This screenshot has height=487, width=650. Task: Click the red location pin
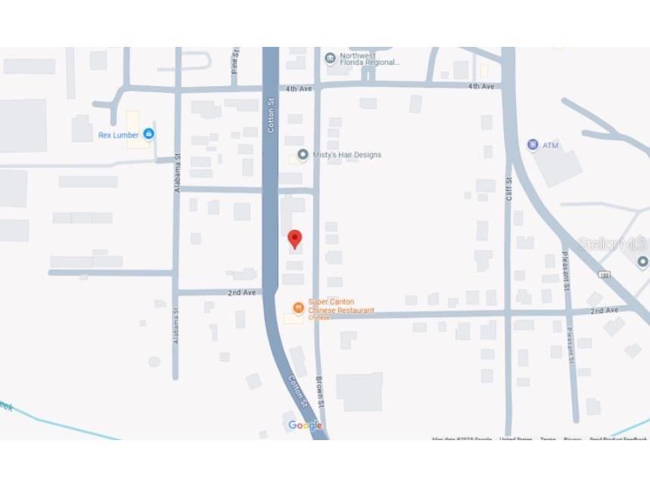coord(295,239)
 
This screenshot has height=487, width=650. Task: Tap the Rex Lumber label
coord(119,135)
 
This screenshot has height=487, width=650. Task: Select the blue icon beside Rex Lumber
coord(149,135)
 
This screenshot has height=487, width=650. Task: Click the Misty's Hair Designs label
coord(347,155)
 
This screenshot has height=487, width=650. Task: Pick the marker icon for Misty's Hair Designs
coord(303,155)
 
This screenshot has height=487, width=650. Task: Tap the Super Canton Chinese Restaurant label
coord(341,306)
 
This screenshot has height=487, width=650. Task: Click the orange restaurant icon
coord(298,307)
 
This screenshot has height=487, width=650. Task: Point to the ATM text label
coord(551,145)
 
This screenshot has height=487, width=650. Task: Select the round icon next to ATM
coord(533,144)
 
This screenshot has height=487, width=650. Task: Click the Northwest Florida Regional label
coord(369,59)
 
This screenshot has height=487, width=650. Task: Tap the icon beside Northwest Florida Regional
coord(330,58)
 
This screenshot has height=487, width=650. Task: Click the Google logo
coord(305,426)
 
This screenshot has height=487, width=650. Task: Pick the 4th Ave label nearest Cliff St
coord(481,87)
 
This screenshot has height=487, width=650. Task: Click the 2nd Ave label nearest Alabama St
coord(242,293)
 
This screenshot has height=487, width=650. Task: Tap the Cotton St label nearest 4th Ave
coord(271,115)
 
